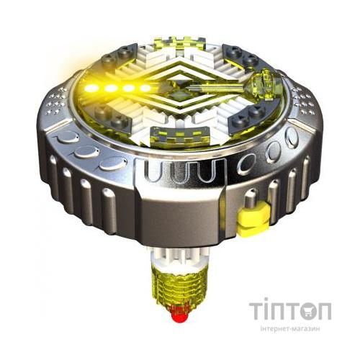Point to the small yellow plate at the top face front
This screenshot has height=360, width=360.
(183, 134)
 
